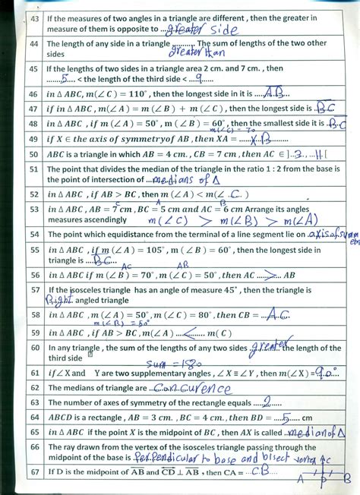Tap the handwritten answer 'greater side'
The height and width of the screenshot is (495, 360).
195,29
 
